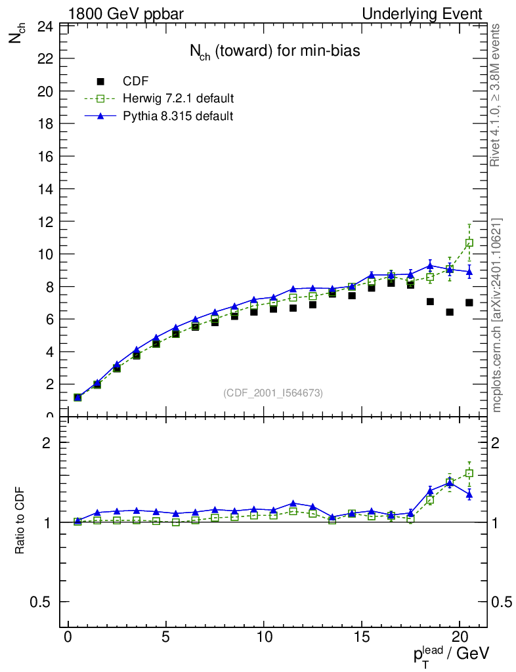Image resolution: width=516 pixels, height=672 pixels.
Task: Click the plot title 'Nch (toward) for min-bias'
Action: tap(274, 52)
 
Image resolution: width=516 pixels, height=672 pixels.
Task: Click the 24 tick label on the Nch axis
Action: tap(45, 27)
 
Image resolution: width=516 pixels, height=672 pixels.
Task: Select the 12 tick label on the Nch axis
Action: tap(45, 222)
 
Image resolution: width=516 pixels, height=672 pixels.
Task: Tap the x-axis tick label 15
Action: tap(362, 639)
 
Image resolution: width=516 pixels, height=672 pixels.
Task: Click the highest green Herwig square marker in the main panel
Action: tap(469, 243)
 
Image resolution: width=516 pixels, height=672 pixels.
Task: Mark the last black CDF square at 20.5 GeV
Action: tap(469, 303)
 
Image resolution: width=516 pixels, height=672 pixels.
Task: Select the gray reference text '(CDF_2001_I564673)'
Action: tap(273, 392)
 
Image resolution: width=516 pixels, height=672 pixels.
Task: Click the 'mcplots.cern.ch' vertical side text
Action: tap(498, 315)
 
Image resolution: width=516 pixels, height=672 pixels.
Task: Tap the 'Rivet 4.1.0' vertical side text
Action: tap(498, 95)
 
